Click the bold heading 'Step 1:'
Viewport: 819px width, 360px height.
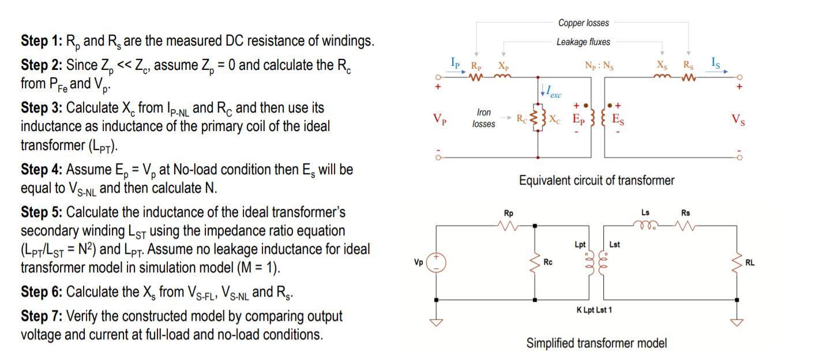pos(41,42)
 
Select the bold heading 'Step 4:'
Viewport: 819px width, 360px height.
pos(41,170)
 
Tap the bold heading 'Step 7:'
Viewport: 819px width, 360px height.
pos(41,316)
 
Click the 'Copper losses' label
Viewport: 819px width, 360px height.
pos(583,23)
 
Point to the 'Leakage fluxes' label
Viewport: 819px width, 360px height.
pos(583,42)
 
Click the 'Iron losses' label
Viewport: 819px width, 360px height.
pos(483,118)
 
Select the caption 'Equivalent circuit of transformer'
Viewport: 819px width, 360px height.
pos(596,181)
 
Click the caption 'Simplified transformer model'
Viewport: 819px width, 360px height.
pos(596,343)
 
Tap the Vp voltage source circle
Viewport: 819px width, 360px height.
pos(436,262)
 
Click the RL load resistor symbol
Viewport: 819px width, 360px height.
pos(738,262)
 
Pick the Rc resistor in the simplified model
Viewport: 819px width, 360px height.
pos(535,263)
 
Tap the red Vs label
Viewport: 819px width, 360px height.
pos(738,119)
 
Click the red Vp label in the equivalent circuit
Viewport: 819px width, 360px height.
pos(439,119)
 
